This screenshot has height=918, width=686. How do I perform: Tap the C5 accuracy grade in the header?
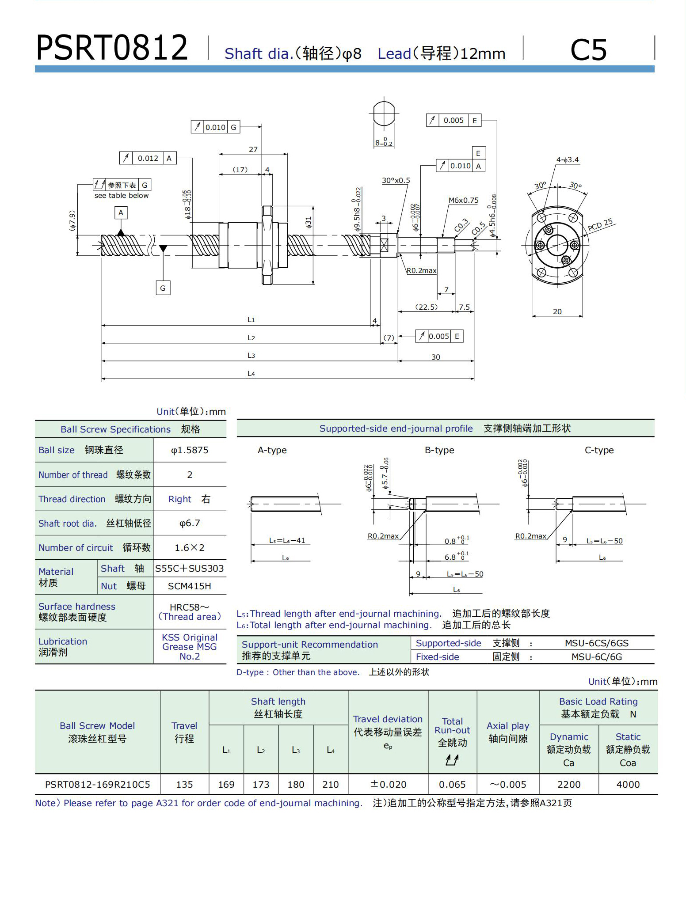click(588, 49)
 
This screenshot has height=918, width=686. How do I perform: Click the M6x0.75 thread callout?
click(463, 200)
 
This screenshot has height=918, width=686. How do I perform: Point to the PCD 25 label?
click(600, 225)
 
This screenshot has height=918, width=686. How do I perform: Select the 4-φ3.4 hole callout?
click(567, 159)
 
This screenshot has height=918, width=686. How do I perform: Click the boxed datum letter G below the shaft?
click(163, 288)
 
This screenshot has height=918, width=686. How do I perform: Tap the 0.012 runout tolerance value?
click(148, 158)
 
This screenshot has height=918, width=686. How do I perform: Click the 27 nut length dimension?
click(253, 149)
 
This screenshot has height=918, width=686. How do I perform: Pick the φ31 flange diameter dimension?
click(309, 222)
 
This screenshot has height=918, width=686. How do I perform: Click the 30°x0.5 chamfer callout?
click(396, 180)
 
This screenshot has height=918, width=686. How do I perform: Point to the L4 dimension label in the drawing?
click(251, 374)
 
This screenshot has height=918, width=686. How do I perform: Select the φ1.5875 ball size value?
click(190, 450)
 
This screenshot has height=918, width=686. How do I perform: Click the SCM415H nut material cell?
click(190, 586)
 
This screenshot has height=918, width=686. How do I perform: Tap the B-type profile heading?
click(439, 450)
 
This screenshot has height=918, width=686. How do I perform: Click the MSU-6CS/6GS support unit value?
click(596, 643)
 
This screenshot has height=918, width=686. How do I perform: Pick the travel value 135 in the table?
click(184, 785)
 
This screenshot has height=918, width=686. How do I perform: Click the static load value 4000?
click(628, 785)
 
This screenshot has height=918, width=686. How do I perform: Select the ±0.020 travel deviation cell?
click(388, 785)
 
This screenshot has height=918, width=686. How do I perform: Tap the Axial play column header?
click(508, 732)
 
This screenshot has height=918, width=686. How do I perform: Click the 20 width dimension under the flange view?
click(557, 311)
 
